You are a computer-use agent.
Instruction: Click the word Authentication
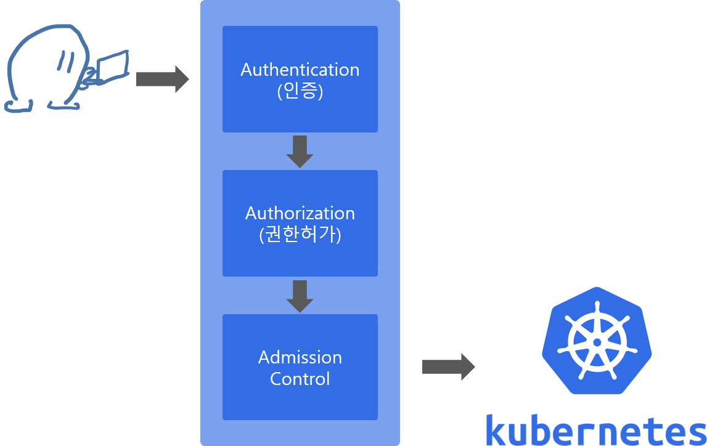coord(300,70)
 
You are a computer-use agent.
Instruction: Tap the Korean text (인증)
coord(300,92)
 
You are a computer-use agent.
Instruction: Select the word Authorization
coord(300,213)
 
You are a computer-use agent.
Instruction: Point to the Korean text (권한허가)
coord(300,235)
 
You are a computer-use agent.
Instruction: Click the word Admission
coord(300,357)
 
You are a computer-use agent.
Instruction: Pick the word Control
coord(300,378)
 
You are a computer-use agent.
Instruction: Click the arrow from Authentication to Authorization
coord(300,152)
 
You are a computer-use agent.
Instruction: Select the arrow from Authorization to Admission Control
coord(300,296)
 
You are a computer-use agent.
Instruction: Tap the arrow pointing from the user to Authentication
coord(161,79)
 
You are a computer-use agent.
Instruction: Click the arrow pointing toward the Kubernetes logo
coord(448,367)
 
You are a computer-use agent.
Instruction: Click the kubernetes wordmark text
coord(595,430)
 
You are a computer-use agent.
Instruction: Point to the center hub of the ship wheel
coord(596,341)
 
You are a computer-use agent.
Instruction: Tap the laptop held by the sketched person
coord(113,67)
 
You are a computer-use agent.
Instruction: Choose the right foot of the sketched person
coord(65,106)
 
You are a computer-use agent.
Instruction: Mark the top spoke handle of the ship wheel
coord(596,307)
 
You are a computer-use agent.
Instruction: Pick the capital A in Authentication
coord(246,70)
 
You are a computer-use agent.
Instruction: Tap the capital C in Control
coord(276,378)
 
